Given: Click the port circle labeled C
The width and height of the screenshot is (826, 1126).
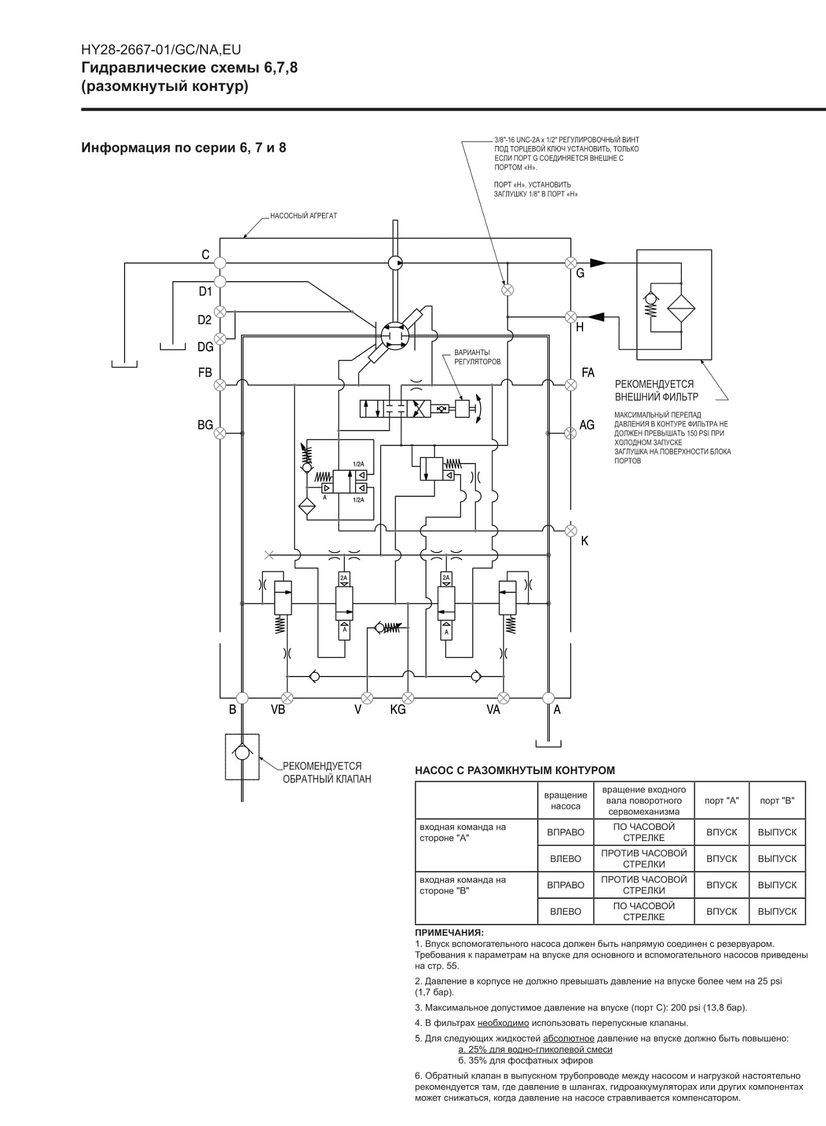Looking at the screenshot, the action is click(x=219, y=263).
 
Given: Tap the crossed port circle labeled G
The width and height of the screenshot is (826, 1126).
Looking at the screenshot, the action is click(x=571, y=263).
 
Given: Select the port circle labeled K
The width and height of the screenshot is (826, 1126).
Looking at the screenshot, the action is click(x=571, y=531).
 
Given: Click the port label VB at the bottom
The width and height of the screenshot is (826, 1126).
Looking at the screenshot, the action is click(x=278, y=710).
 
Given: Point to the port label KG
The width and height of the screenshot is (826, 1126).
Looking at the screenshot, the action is click(x=398, y=710).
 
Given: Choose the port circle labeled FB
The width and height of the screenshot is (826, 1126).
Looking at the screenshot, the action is click(x=219, y=385).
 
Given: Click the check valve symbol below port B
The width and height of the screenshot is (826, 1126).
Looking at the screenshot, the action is click(x=242, y=753).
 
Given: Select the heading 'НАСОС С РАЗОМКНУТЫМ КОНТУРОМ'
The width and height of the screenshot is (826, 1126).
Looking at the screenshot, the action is click(x=514, y=771).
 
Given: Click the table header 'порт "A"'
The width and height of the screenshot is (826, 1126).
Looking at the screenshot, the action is click(x=721, y=801).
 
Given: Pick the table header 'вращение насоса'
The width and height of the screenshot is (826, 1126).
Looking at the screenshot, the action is click(x=566, y=801).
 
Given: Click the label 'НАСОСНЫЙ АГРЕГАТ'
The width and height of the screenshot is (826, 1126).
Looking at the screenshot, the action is click(x=304, y=216).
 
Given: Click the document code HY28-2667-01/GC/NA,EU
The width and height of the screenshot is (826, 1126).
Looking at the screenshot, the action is click(x=161, y=50).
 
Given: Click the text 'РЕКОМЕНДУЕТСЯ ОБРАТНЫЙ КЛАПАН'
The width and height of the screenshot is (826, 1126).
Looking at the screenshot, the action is click(x=327, y=773).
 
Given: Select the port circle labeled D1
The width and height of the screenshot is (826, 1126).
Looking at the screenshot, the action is click(x=219, y=281).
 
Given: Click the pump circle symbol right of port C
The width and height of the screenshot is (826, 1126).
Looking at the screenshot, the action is click(x=394, y=263).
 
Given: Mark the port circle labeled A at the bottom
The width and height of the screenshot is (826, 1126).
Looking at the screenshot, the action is click(x=548, y=698).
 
